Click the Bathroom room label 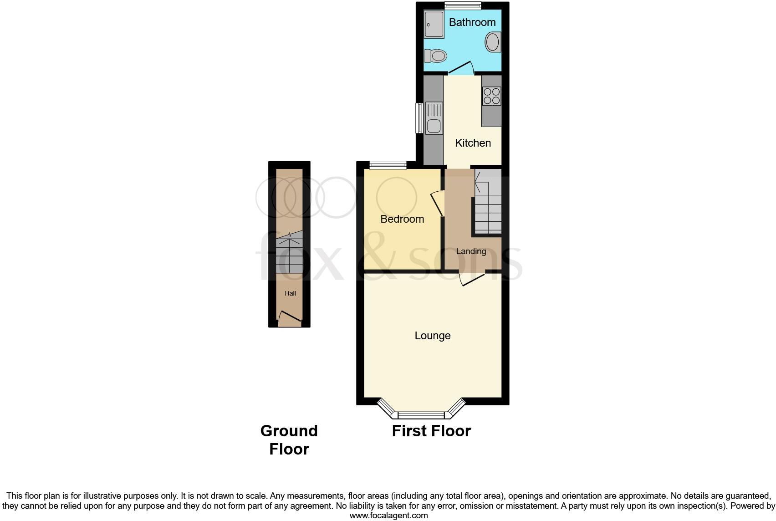tap(472, 22)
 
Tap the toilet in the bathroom tap(435, 56)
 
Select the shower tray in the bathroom tap(434, 24)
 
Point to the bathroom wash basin tap(493, 42)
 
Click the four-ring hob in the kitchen tap(492, 96)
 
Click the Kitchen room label tap(473, 143)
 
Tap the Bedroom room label tap(402, 219)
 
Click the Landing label tap(471, 251)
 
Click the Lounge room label tap(433, 336)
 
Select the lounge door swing tap(471, 279)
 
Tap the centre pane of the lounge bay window tap(421, 415)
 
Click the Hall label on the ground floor tap(290, 293)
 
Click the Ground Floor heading tap(289, 440)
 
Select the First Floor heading tap(431, 431)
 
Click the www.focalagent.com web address tap(388, 516)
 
